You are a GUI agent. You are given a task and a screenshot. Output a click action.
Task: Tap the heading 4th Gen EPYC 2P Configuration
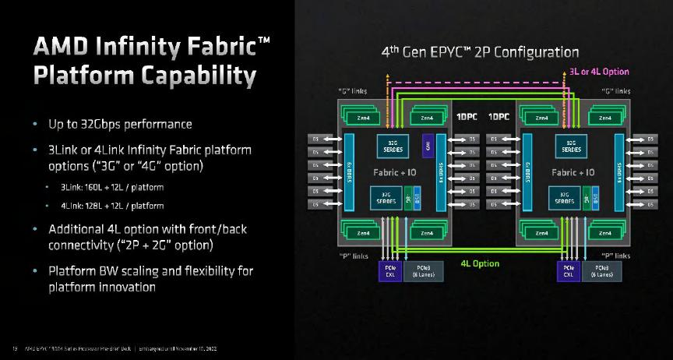(x=480, y=53)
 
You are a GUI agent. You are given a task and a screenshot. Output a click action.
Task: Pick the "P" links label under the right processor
(x=615, y=256)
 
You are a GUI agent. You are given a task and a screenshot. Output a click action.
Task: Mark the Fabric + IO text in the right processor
(x=573, y=171)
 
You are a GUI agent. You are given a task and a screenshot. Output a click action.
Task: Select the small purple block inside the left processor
(x=427, y=146)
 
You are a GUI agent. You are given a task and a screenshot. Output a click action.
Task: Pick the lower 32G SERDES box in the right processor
(x=566, y=198)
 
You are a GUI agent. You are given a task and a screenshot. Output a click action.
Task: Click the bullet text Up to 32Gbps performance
(x=120, y=125)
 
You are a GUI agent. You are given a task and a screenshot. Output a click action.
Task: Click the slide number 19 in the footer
(x=14, y=348)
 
